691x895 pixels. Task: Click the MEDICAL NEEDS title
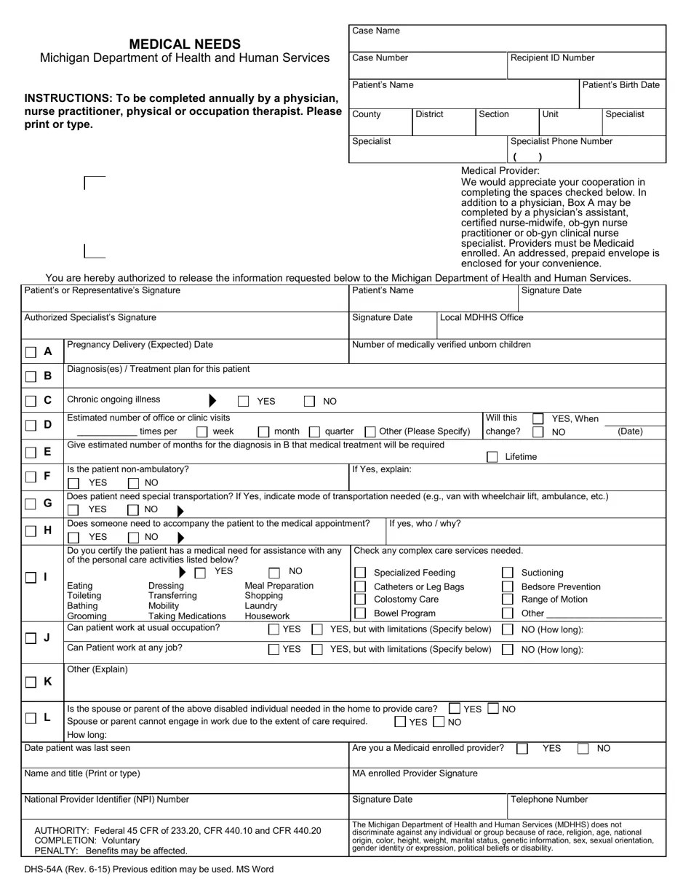(x=185, y=44)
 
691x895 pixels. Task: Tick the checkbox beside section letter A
(x=31, y=352)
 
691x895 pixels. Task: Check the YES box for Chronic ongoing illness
(x=244, y=401)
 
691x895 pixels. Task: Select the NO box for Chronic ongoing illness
(x=309, y=401)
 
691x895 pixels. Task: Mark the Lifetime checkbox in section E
(x=492, y=457)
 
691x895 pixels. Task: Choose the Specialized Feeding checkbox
(x=360, y=573)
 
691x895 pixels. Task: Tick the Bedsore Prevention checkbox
(x=508, y=586)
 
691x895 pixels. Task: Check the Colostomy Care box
(x=360, y=600)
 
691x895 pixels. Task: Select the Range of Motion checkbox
(x=508, y=600)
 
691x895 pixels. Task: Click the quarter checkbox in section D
(x=314, y=431)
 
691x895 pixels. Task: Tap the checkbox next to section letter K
(x=31, y=682)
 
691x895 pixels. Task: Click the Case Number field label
(x=380, y=58)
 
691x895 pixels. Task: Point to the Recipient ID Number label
(x=552, y=58)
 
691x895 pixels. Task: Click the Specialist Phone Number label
(x=561, y=142)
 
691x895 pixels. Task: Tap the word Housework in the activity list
(x=267, y=616)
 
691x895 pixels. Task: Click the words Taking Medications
(x=187, y=616)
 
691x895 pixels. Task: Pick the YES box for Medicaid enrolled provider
(x=522, y=749)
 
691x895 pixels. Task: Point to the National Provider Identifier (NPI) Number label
(x=106, y=800)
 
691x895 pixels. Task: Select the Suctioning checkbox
(x=508, y=573)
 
